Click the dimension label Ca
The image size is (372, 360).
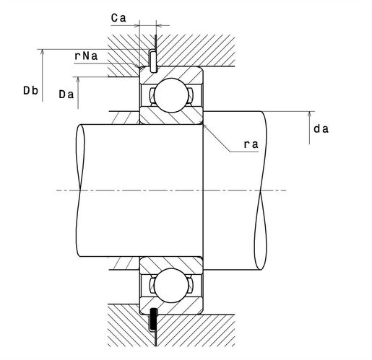click(118, 18)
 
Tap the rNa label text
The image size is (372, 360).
click(86, 56)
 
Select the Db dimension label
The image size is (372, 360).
click(30, 91)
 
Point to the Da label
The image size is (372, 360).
click(66, 95)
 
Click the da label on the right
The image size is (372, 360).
click(321, 129)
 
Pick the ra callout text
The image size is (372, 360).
click(251, 144)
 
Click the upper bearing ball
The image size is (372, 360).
click(171, 95)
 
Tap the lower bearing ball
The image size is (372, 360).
click(171, 286)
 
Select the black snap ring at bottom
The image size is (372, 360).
click(153, 320)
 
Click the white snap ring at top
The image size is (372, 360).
click(152, 61)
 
